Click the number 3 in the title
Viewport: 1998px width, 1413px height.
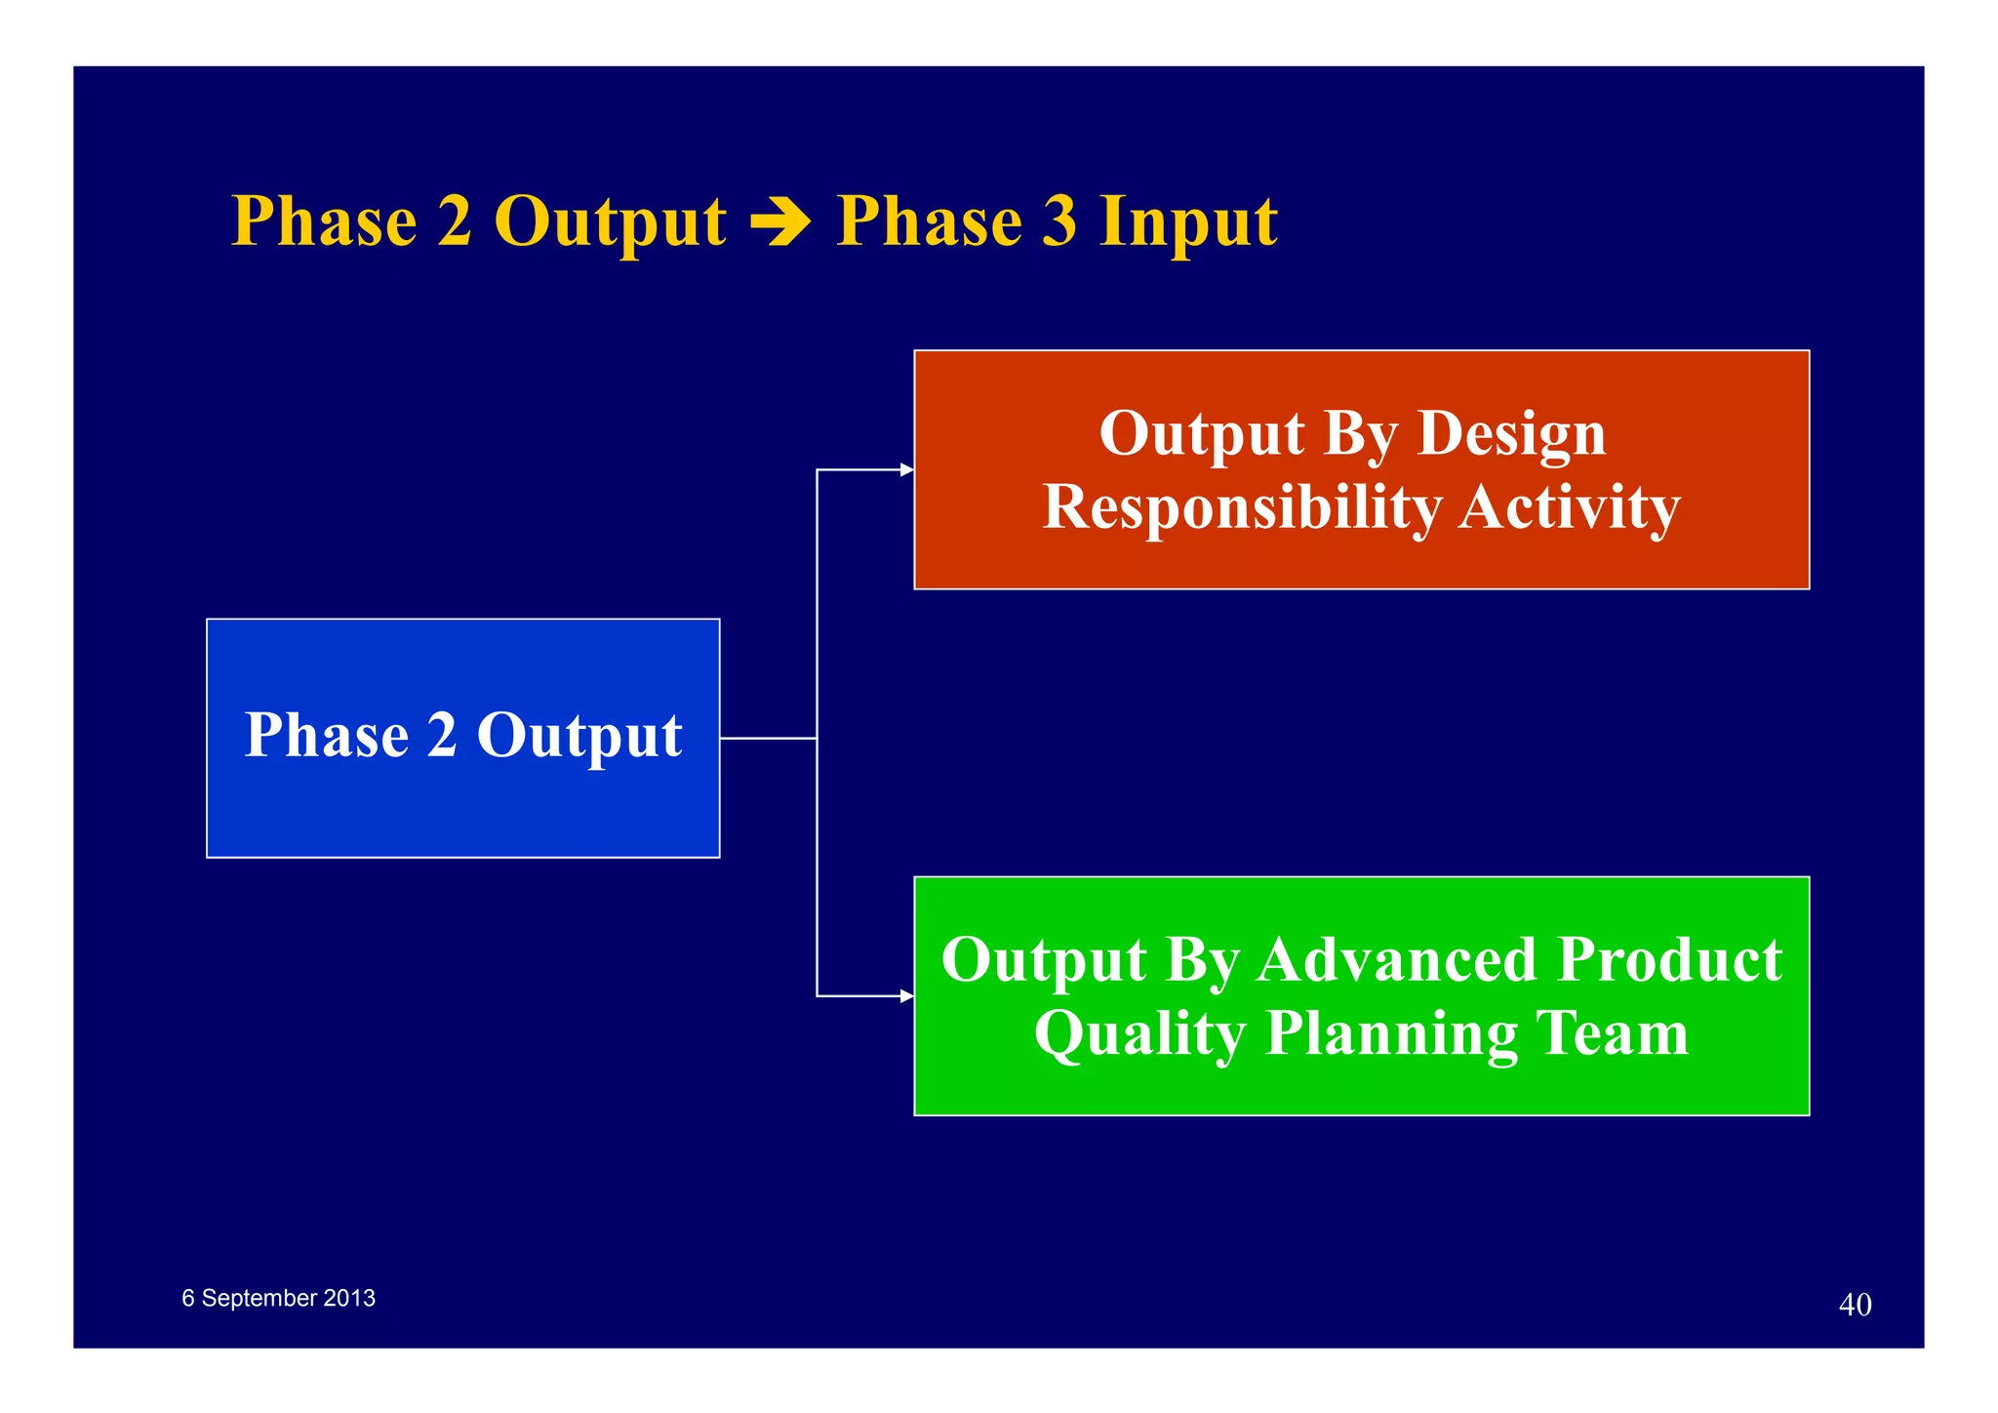pyautogui.click(x=1059, y=222)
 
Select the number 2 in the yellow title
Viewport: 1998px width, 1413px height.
pyautogui.click(x=455, y=222)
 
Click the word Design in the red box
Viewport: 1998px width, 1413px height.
pyautogui.click(x=1510, y=434)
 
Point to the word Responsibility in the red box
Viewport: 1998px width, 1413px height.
pyautogui.click(x=1241, y=508)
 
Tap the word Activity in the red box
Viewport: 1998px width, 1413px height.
pyautogui.click(x=1569, y=508)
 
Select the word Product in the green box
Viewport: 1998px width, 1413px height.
pyautogui.click(x=1669, y=960)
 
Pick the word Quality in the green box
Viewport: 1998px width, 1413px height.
pyautogui.click(x=1139, y=1034)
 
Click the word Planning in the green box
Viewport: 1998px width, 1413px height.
pyautogui.click(x=1390, y=1034)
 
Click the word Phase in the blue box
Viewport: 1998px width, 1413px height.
pyautogui.click(x=326, y=736)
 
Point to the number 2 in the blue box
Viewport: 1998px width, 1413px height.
pyautogui.click(x=442, y=736)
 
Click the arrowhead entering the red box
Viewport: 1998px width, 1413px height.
pyautogui.click(x=906, y=470)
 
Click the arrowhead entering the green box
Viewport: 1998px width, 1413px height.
pyautogui.click(x=906, y=996)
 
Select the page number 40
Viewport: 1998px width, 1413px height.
pyautogui.click(x=1855, y=1305)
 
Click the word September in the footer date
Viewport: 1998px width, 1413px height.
pyautogui.click(x=259, y=1299)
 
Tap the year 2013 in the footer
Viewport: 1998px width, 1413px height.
pyautogui.click(x=349, y=1299)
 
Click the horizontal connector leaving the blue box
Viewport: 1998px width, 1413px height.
pyautogui.click(x=768, y=739)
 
